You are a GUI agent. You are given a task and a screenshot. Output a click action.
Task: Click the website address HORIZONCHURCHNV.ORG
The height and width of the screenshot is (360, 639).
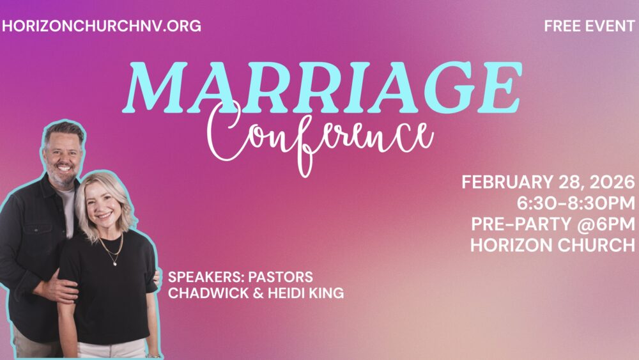(102, 26)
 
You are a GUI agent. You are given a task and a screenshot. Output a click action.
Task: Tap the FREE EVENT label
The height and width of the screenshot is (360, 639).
(589, 26)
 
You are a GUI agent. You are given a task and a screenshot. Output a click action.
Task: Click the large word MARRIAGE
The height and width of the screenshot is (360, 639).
(322, 88)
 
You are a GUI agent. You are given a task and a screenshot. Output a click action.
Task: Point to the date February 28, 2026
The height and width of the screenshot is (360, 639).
(548, 182)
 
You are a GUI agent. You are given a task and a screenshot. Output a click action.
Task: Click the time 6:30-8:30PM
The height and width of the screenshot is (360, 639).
(576, 203)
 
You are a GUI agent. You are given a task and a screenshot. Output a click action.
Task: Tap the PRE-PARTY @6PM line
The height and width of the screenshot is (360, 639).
(553, 224)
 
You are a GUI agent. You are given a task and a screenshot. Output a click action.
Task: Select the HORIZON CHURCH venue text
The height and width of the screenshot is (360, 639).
(553, 245)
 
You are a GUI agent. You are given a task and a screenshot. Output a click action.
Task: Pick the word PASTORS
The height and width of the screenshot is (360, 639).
(281, 277)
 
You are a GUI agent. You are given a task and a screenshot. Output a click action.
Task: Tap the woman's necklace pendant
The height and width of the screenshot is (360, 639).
(115, 263)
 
